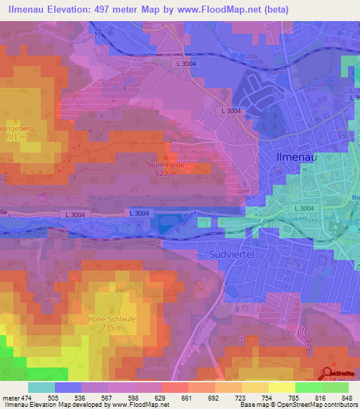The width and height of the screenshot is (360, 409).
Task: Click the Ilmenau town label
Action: tap(296, 157)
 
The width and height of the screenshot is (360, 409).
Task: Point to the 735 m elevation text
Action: tap(112, 327)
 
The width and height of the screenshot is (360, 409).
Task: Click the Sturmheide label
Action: tap(166, 164)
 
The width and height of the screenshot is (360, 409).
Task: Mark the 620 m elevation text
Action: tap(166, 172)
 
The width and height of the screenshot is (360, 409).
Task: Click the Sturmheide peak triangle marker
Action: tap(166, 156)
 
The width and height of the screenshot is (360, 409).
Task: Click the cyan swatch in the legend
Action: tap(41, 387)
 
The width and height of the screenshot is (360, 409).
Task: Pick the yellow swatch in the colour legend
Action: tap(281, 387)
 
